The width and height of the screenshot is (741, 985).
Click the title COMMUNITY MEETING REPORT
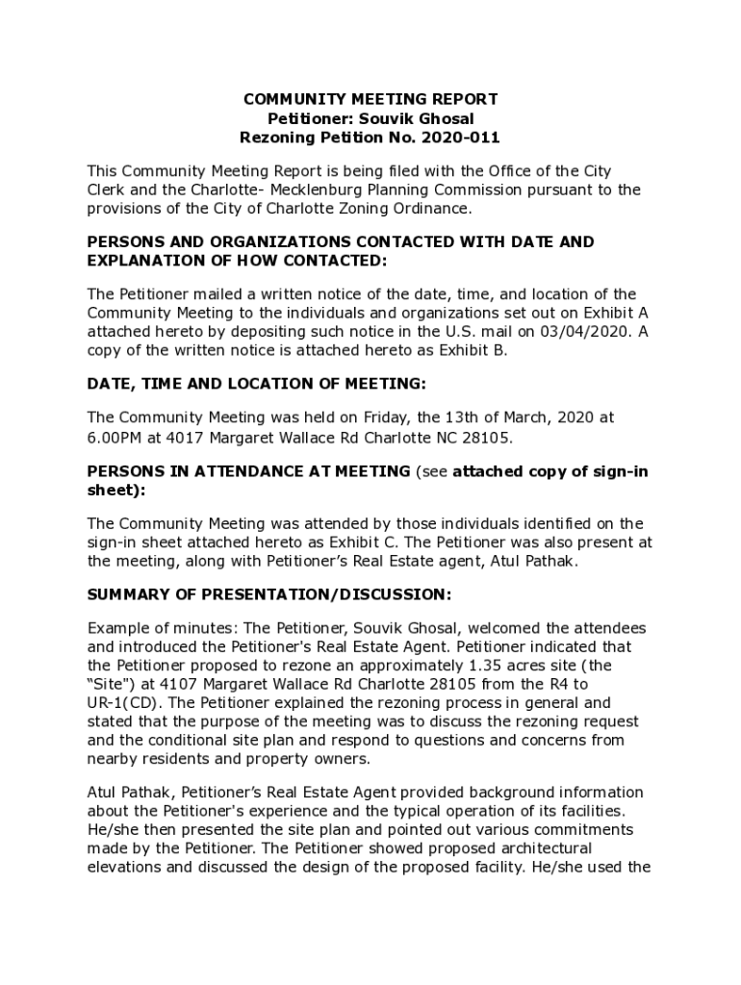tap(370, 99)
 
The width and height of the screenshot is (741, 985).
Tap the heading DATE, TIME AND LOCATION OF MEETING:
tap(256, 383)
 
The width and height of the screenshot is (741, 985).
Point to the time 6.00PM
tap(114, 438)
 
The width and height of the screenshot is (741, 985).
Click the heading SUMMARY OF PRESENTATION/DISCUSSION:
tap(268, 594)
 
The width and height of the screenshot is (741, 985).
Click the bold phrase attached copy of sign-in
tap(549, 470)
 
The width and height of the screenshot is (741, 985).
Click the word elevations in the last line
tap(123, 867)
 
